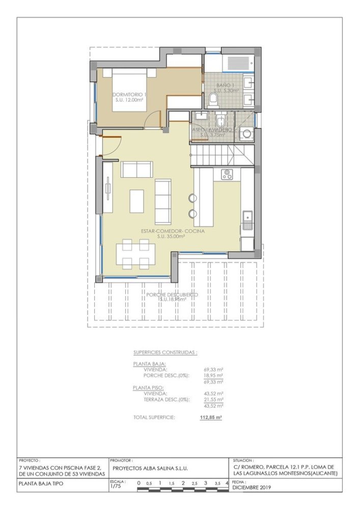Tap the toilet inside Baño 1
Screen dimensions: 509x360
click(213, 98)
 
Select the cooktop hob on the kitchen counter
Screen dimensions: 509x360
click(227, 175)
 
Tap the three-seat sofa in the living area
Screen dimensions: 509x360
click(163, 201)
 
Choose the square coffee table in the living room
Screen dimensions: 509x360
click(137, 201)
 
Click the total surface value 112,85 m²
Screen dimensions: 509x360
click(211, 417)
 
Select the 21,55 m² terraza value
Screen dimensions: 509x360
click(213, 400)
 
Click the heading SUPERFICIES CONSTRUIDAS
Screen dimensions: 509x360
click(165, 352)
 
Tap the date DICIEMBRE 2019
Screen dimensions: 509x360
click(252, 487)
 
